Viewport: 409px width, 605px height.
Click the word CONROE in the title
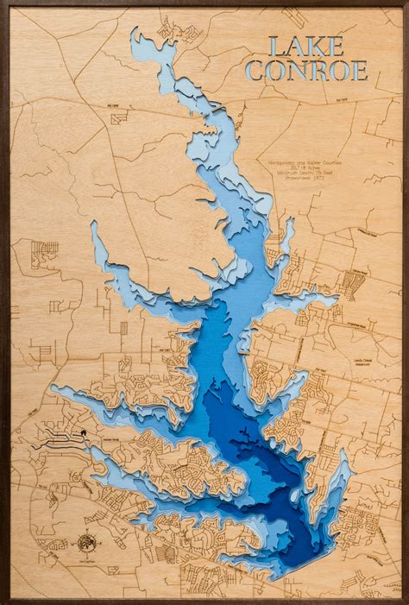point(306,71)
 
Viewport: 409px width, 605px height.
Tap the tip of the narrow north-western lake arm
point(93,225)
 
